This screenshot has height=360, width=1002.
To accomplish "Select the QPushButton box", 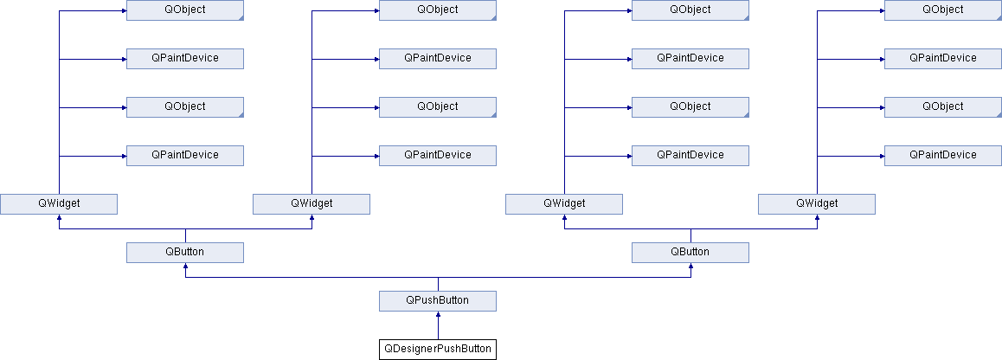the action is pyautogui.click(x=438, y=300).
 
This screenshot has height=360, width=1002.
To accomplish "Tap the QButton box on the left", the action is pyautogui.click(x=184, y=252).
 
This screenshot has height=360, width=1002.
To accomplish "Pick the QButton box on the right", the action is pyautogui.click(x=690, y=252).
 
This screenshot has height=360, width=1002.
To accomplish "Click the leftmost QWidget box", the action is pyautogui.click(x=59, y=203).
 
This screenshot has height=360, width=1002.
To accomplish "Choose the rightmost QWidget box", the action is pyautogui.click(x=817, y=203).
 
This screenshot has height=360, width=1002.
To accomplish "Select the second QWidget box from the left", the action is pyautogui.click(x=312, y=203).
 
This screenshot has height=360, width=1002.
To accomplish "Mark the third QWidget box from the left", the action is pyautogui.click(x=563, y=203).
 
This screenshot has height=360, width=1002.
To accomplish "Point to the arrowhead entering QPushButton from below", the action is pyautogui.click(x=438, y=314).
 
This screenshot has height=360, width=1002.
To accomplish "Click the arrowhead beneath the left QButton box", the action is pyautogui.click(x=184, y=266).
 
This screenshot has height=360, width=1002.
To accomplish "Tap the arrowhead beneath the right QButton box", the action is pyautogui.click(x=690, y=266).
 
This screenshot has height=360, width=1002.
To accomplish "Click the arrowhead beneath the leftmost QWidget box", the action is pyautogui.click(x=59, y=216).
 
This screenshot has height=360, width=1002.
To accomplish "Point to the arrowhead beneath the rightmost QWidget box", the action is pyautogui.click(x=817, y=216).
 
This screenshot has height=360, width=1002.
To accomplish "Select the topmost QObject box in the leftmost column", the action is pyautogui.click(x=184, y=10).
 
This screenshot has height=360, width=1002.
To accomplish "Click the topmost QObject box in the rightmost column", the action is pyautogui.click(x=942, y=10).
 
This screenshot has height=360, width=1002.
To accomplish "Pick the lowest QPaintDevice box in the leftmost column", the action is pyautogui.click(x=184, y=156).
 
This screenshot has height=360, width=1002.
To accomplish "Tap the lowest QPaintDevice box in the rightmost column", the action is pyautogui.click(x=942, y=156).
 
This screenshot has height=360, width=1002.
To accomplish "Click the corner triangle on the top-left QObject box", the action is pyautogui.click(x=241, y=18).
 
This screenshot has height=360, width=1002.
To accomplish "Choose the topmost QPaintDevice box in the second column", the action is pyautogui.click(x=438, y=58).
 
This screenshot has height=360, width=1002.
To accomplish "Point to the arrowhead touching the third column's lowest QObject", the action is pyautogui.click(x=629, y=107).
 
